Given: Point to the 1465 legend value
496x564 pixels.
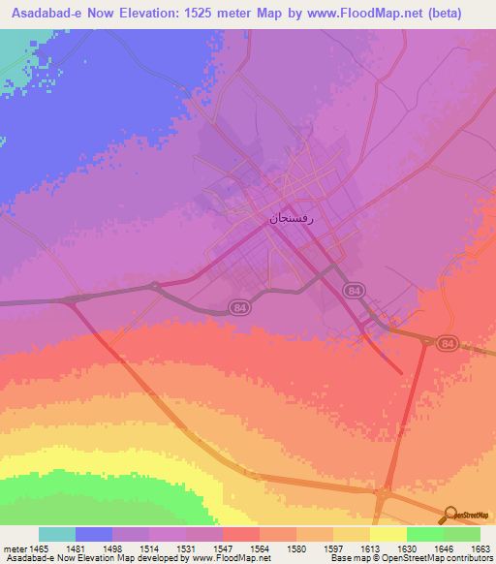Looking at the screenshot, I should click(39, 549).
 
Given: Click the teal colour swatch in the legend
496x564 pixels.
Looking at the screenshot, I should click(57, 534).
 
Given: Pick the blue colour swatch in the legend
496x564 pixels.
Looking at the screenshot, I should click(94, 534).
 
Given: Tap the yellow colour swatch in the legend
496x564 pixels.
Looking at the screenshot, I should click(387, 534).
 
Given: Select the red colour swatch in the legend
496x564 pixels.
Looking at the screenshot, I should click(240, 534).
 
